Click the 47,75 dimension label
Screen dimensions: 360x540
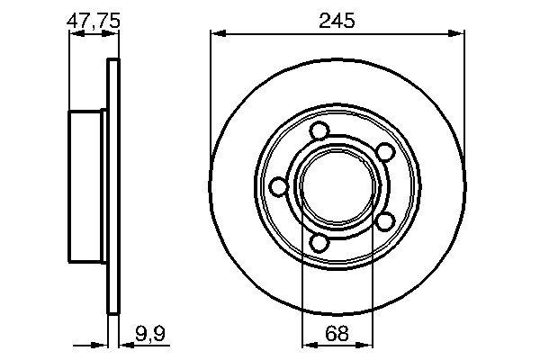point(94,18)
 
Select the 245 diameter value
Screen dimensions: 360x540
point(337,18)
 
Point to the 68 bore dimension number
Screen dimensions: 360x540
point(337,334)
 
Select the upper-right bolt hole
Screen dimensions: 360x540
point(384,150)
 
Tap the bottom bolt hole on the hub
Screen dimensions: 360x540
point(320,242)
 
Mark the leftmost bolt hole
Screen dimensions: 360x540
point(278,186)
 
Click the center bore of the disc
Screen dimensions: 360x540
point(337,186)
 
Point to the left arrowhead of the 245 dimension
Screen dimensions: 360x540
point(216,34)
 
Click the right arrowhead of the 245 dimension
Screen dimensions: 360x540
point(460,34)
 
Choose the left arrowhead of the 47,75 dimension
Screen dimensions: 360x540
point(74,35)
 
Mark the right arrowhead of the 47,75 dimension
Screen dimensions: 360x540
point(113,35)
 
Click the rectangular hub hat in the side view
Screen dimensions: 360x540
point(87,186)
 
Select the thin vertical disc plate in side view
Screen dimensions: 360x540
point(112,186)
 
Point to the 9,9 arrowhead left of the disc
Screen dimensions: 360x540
point(102,342)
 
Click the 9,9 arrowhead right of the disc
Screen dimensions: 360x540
point(123,342)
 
